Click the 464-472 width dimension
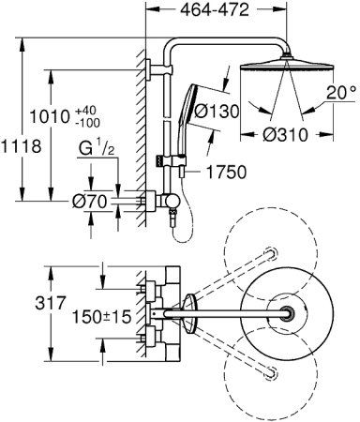point(215,10)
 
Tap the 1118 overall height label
point(21,146)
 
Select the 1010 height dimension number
point(50,117)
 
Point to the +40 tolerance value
point(85,111)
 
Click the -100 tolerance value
point(87,123)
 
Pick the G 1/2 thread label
point(97,148)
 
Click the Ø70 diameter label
point(89,202)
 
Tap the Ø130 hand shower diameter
point(217,111)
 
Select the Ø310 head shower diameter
point(285,135)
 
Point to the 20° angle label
point(341,93)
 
